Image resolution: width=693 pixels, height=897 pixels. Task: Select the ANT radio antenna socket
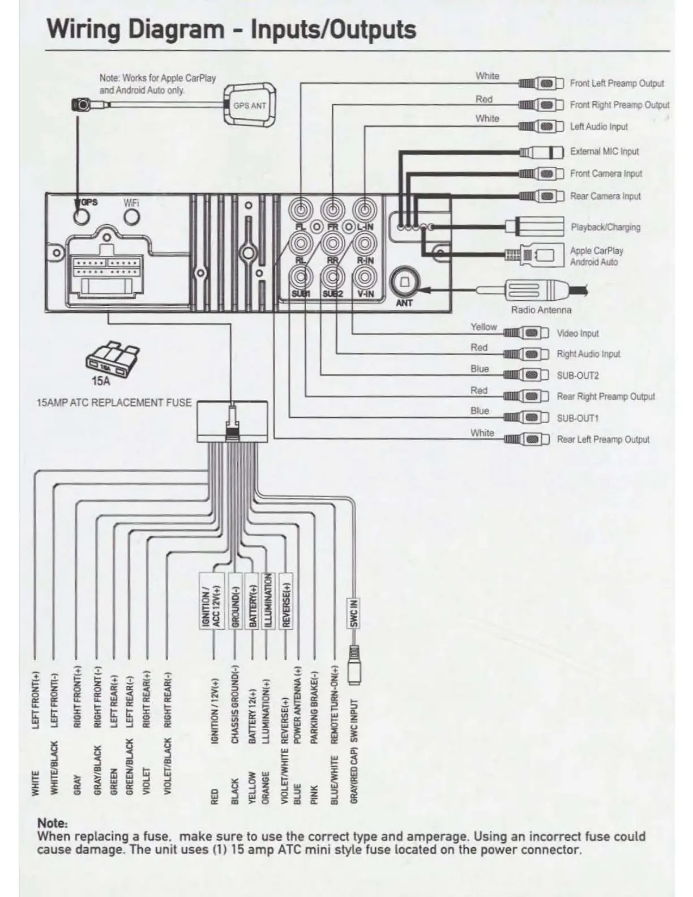click(404, 282)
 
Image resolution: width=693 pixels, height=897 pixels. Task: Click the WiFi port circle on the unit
click(131, 217)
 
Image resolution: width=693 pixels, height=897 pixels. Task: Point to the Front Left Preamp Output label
click(617, 83)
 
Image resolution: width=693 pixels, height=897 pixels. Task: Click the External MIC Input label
click(604, 152)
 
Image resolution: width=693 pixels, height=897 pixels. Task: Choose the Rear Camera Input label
click(605, 196)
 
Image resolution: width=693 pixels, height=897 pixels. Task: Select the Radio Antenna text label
click(541, 310)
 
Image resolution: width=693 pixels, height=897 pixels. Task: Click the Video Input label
click(577, 334)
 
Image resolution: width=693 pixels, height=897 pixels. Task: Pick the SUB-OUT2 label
click(577, 375)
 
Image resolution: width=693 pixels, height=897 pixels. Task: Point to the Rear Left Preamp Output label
click(603, 439)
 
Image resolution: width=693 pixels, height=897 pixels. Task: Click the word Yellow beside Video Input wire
click(483, 327)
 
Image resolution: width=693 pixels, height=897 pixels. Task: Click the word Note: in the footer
click(52, 823)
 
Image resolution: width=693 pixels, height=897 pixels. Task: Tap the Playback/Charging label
click(605, 227)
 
